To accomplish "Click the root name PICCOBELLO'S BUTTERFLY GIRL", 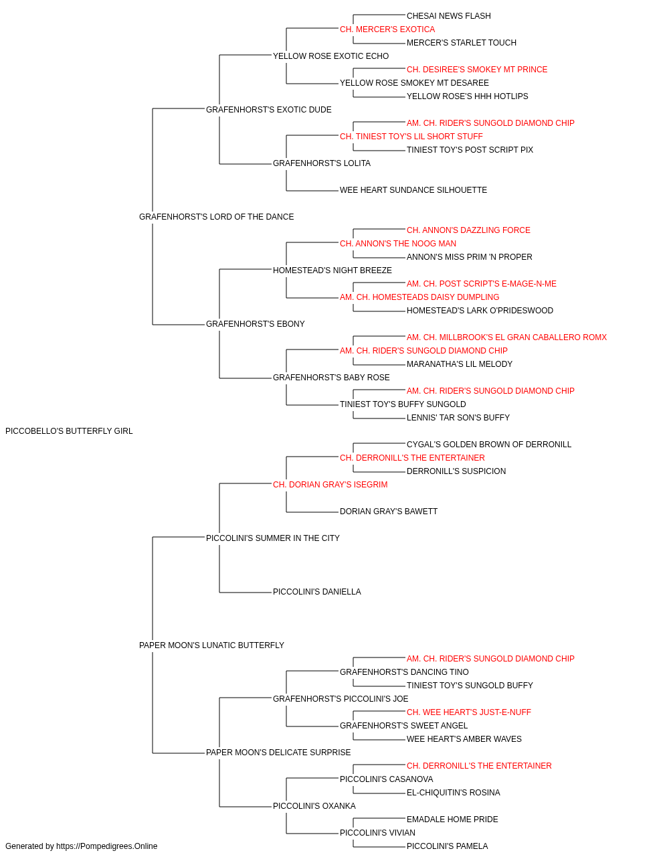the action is [x=69, y=431].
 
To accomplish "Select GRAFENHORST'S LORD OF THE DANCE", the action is [x=216, y=217].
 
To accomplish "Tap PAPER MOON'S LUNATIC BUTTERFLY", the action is [x=211, y=645].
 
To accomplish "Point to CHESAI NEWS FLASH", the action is [x=449, y=16].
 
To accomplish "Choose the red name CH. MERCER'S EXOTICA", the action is [x=387, y=29].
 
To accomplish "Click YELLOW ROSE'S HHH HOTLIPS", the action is [x=467, y=96].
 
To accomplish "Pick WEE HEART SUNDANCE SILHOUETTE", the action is [x=413, y=190].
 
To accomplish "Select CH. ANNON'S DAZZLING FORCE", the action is [x=468, y=230].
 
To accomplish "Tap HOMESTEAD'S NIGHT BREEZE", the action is [x=332, y=270].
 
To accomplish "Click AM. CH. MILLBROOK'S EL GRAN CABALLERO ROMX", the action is [x=506, y=337].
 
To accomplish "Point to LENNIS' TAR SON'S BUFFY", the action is [x=458, y=418].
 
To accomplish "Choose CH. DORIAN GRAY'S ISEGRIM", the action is [x=330, y=485].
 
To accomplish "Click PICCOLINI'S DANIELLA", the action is [x=316, y=592].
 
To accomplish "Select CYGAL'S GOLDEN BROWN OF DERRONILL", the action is [x=489, y=445].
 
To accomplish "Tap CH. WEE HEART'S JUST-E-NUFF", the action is [x=469, y=712].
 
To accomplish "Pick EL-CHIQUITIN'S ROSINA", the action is [x=454, y=793].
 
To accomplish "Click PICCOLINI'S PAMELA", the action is [x=447, y=846].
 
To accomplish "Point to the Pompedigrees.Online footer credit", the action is [x=81, y=846].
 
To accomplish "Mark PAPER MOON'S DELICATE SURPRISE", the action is [x=278, y=753].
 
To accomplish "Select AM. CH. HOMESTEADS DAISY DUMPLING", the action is [x=419, y=297].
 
